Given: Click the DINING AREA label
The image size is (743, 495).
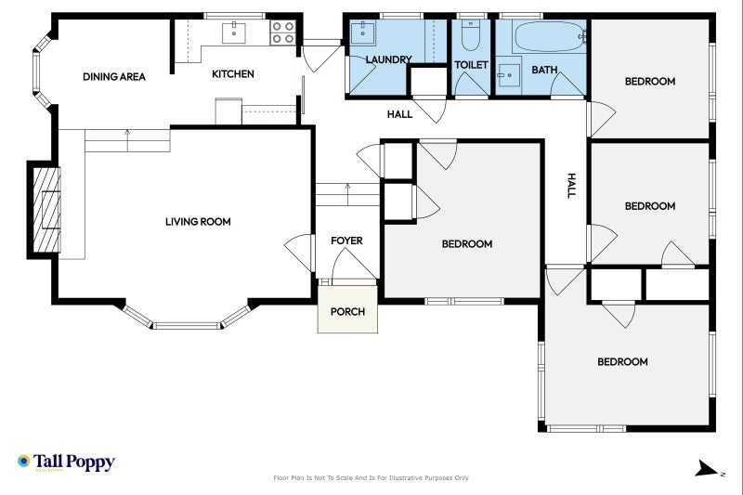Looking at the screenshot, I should pos(113,77).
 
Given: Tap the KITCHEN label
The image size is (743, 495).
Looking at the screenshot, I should pos(232,74).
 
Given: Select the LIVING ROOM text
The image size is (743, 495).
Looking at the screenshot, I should pos(198,222).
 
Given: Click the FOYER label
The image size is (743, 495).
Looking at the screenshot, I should pos(346,241).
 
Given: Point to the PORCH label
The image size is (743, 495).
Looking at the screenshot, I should pos(347,311).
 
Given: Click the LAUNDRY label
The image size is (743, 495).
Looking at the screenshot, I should pos(388,59).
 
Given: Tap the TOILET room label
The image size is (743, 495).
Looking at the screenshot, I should pos(471,65).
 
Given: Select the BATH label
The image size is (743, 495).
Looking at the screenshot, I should pos(544,70).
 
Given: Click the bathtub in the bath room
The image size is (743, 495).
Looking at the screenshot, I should pos(548,38).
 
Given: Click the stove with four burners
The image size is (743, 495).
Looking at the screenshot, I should pos(282,33).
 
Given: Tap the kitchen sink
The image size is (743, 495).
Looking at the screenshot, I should pos(234,33).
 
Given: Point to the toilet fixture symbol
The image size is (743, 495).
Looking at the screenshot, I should pos(471,36).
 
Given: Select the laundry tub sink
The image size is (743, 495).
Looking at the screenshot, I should pos(362,33).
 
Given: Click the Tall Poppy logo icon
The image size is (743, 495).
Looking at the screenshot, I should pos(23,462).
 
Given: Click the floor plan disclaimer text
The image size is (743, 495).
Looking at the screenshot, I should pos(371,478).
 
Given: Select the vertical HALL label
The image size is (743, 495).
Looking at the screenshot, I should pos(571,185).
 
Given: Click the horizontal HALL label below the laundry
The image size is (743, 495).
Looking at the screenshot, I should pos(399,114).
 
